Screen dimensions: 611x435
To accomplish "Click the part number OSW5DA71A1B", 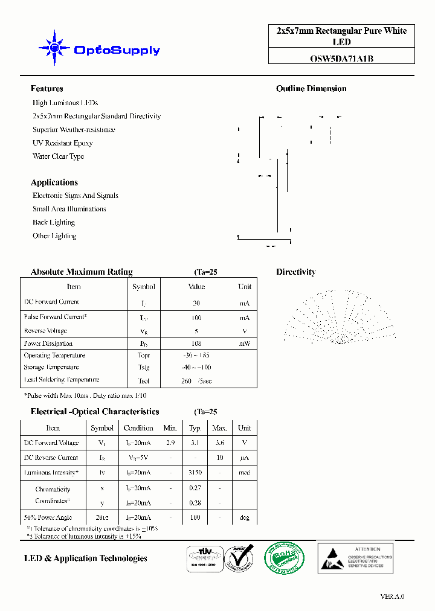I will pyautogui.click(x=341, y=59).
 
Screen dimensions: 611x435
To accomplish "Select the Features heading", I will pyautogui.click(x=47, y=89).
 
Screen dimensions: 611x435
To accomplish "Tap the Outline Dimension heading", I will pyautogui.click(x=311, y=89).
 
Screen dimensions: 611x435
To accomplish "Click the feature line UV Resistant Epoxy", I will pyautogui.click(x=62, y=143).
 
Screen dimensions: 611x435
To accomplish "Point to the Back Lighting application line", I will pyautogui.click(x=54, y=222).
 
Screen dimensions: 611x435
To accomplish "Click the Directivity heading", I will pyautogui.click(x=295, y=272).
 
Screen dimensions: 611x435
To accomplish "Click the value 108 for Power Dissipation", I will pyautogui.click(x=196, y=344).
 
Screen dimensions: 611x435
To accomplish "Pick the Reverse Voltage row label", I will pyautogui.click(x=45, y=331).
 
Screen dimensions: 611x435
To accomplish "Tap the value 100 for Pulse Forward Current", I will pyautogui.click(x=196, y=318).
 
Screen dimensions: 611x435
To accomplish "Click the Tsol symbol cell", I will pyautogui.click(x=143, y=381).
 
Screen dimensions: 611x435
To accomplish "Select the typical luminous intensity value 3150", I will pyautogui.click(x=195, y=473).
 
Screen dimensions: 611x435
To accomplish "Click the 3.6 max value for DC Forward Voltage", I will pyautogui.click(x=219, y=443).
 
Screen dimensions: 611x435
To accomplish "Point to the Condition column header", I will pyautogui.click(x=138, y=428).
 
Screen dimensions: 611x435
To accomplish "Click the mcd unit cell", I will pyautogui.click(x=244, y=473).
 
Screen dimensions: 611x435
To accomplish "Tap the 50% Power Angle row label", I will pyautogui.click(x=48, y=517).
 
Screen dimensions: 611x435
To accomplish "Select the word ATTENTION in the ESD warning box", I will pyautogui.click(x=368, y=549).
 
